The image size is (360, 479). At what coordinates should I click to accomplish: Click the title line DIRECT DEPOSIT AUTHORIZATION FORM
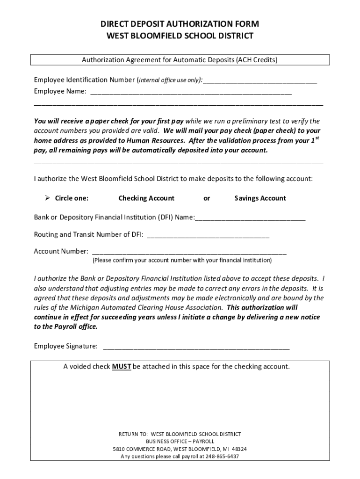180,24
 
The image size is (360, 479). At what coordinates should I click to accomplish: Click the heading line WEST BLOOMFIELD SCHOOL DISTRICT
180,36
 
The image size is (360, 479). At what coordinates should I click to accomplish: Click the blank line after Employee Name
191,92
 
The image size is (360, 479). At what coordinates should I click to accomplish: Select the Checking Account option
146,198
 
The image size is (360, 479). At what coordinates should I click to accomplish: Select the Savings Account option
260,198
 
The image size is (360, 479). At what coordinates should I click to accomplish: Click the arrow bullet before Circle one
47,198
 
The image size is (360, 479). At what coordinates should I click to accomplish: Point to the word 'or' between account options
207,198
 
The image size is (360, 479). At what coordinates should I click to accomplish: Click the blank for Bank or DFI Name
250,218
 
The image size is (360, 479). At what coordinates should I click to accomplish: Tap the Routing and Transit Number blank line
208,235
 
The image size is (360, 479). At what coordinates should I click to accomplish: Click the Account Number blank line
189,252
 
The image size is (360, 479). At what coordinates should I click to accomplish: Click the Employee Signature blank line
196,347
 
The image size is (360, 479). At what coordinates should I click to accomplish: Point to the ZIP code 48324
239,449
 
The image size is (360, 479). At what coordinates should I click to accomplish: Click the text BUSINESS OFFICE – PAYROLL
180,441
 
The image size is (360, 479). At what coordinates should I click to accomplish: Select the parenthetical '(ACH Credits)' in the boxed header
257,60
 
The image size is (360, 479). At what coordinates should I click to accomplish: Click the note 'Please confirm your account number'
182,260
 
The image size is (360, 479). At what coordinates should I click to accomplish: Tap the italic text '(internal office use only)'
170,80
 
